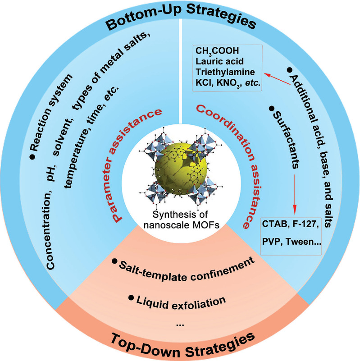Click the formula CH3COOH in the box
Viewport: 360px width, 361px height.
(213, 51)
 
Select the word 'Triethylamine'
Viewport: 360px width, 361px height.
(221, 73)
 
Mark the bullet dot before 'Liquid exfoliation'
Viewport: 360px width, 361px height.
(131, 298)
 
